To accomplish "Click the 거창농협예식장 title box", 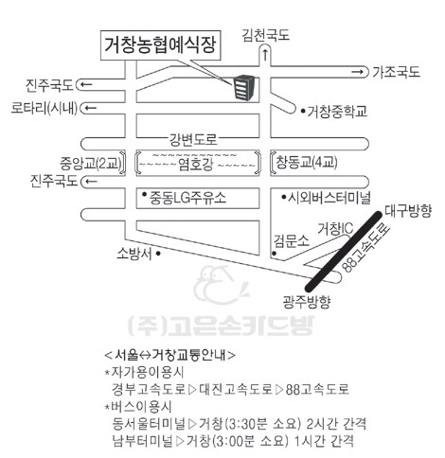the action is coord(160,45).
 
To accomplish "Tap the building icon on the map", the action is coord(243,88).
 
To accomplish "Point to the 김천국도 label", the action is coord(266,35).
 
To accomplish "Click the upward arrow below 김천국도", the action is coord(265,55).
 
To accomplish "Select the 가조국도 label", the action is coord(397,72).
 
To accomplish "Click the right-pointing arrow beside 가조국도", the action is coord(358,72).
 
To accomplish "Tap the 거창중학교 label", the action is coord(337,112).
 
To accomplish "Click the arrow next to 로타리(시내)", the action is coord(91,108).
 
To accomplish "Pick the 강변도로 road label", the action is coord(193,140).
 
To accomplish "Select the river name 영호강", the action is coord(196,165).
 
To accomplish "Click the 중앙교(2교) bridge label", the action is coord(91,163).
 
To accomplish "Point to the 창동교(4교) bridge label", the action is coord(307,163).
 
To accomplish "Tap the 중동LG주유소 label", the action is coord(188,198).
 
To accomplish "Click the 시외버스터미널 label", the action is coord(329,198).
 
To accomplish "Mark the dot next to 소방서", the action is coord(158,253).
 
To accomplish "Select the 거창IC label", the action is coord(335,229).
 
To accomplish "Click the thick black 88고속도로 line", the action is coord(344,251).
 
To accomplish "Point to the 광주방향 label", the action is coord(306,302).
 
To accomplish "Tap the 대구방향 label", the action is coord(408,211).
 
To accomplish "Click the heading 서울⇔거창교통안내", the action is coord(169,355).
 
